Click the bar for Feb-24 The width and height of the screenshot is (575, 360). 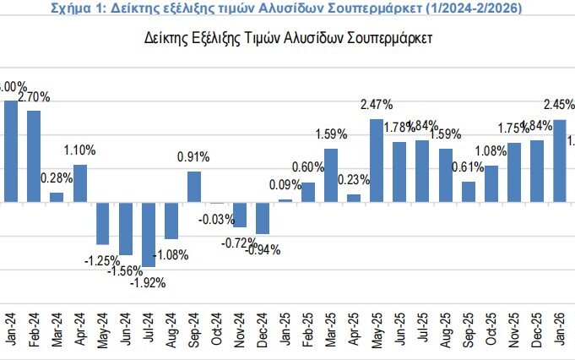[34, 156]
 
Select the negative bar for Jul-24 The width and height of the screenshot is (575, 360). [149, 234]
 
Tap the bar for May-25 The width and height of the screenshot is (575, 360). [377, 161]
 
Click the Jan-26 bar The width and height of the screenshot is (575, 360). [559, 161]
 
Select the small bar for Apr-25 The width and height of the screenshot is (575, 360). [354, 199]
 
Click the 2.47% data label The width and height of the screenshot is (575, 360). [377, 105]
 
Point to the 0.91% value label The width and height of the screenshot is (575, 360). [194, 157]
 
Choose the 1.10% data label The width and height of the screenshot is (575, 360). [80, 150]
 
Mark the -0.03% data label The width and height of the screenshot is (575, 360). [217, 220]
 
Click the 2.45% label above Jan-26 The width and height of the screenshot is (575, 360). [559, 105]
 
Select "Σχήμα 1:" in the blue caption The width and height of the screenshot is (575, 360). [79, 8]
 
